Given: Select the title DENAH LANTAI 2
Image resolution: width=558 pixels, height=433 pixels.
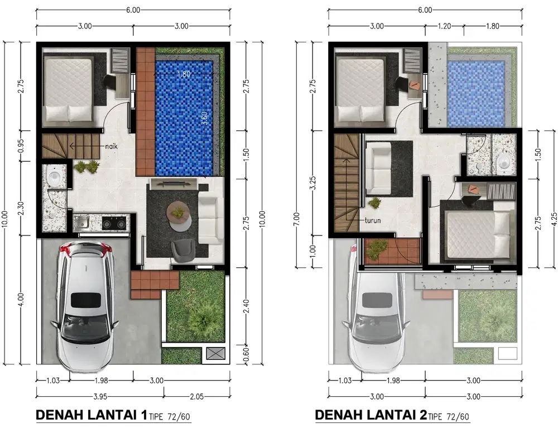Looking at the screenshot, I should [372, 415].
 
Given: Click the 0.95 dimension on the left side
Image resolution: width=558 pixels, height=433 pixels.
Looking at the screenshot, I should [21, 146].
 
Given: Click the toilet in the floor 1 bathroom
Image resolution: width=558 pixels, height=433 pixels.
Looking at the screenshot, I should [54, 177].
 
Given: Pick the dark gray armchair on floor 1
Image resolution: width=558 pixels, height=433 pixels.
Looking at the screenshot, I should [182, 249].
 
